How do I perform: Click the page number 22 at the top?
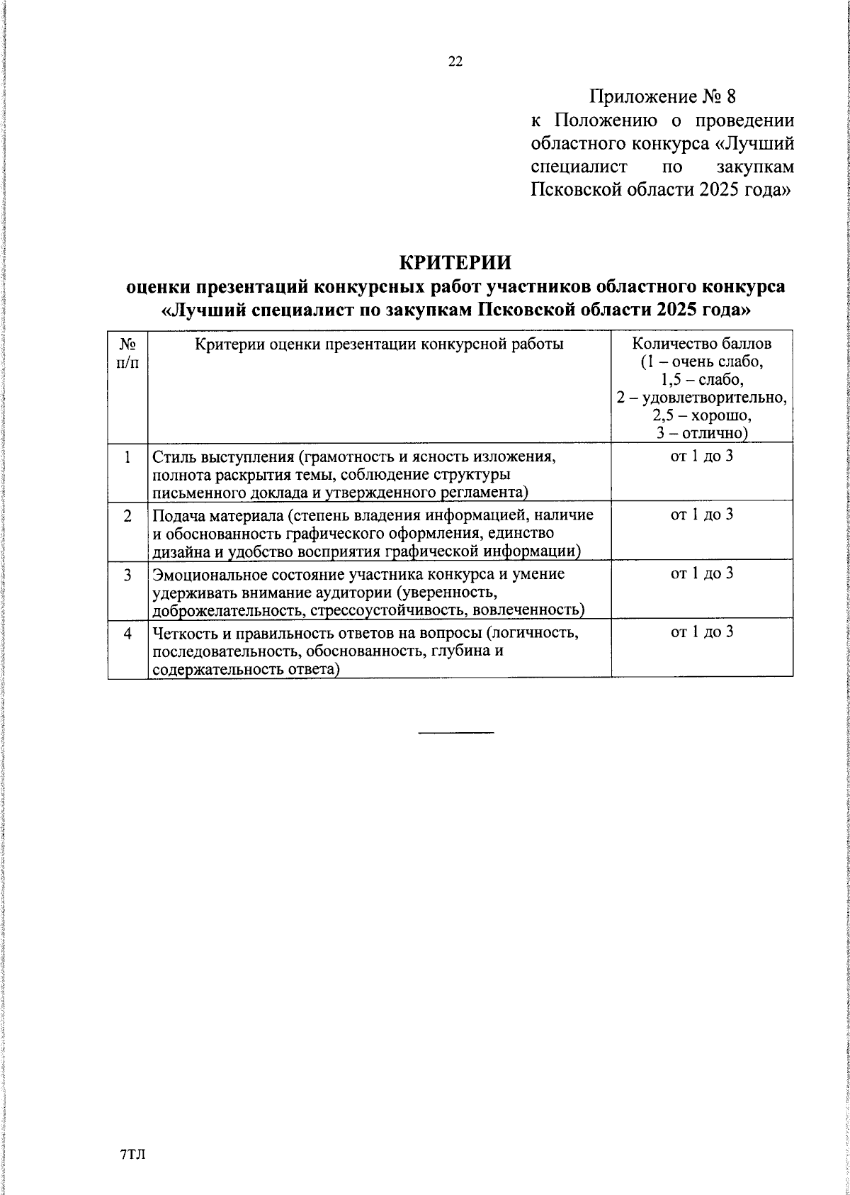click(x=455, y=62)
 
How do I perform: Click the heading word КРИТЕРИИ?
click(x=455, y=262)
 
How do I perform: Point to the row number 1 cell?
click(x=127, y=457)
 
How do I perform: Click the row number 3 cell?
click(x=127, y=576)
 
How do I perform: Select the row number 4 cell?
click(x=127, y=634)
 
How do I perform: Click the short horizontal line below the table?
click(x=455, y=731)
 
